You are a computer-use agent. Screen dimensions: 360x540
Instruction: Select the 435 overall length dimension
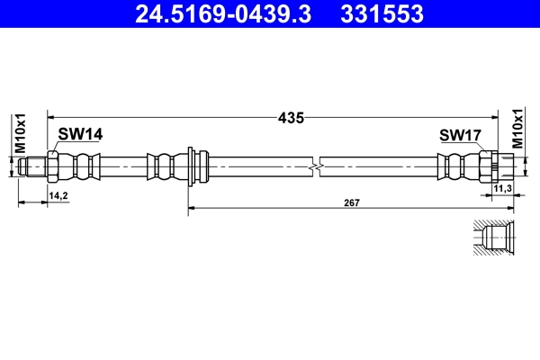pos(291,117)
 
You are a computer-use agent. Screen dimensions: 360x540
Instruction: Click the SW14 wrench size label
pos(80,134)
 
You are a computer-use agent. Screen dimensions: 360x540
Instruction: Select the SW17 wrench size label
pos(461,135)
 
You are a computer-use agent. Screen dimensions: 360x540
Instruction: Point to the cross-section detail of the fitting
pos(494,238)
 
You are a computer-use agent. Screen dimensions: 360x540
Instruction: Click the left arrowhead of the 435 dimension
pos(51,117)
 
